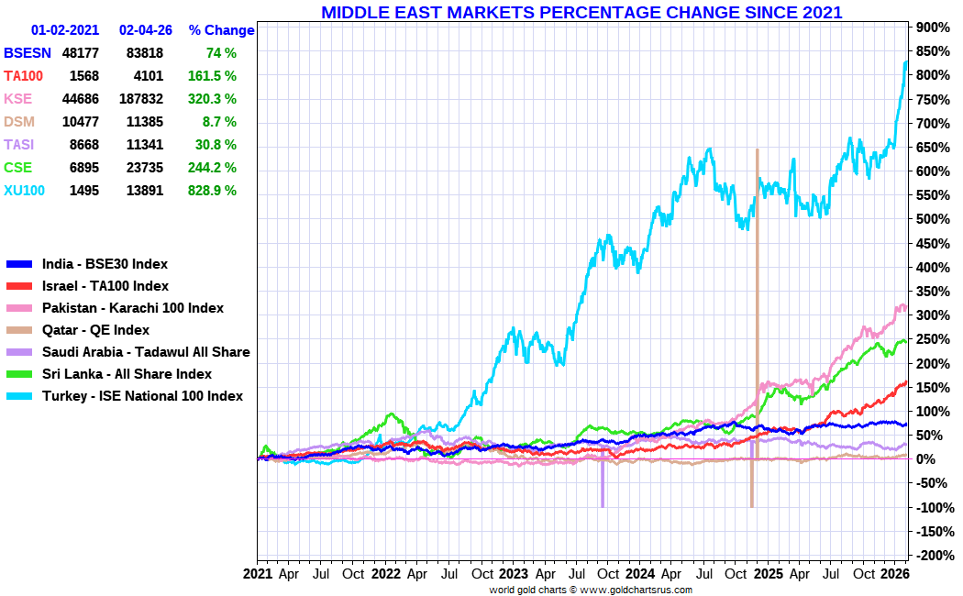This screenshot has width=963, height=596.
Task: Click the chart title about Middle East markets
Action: point(581,13)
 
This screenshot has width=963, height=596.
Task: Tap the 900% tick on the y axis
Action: point(932,28)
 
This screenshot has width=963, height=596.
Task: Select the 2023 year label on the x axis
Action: point(513,575)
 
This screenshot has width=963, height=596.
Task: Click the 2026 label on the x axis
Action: point(894,575)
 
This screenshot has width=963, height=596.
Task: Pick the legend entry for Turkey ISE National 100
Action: point(142,396)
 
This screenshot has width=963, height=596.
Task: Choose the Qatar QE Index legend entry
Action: point(95,330)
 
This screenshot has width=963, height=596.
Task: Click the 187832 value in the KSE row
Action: point(140,99)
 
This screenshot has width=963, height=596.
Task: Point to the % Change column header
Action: point(221,30)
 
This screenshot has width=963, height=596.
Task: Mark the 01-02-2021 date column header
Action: point(65,30)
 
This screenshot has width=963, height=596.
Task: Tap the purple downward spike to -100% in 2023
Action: point(603,486)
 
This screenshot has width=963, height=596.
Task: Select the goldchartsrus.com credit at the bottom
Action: point(591,590)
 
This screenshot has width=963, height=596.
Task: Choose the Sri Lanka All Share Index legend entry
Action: point(127,374)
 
